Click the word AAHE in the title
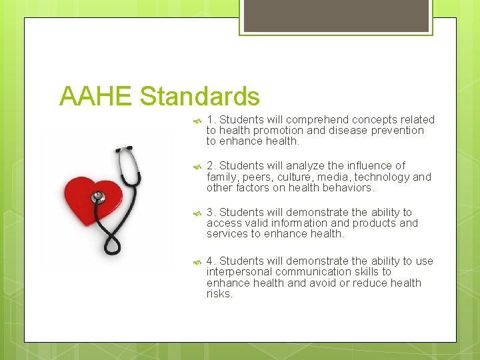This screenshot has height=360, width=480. tap(96, 97)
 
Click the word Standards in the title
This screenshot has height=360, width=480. tap(199, 97)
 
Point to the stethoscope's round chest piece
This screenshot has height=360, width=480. tap(99, 197)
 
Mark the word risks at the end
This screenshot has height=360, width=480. tap(219, 294)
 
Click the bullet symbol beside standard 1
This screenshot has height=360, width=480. tap(197, 121)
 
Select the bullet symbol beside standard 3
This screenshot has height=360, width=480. tap(197, 213)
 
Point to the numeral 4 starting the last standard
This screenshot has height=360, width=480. tap(210, 261)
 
